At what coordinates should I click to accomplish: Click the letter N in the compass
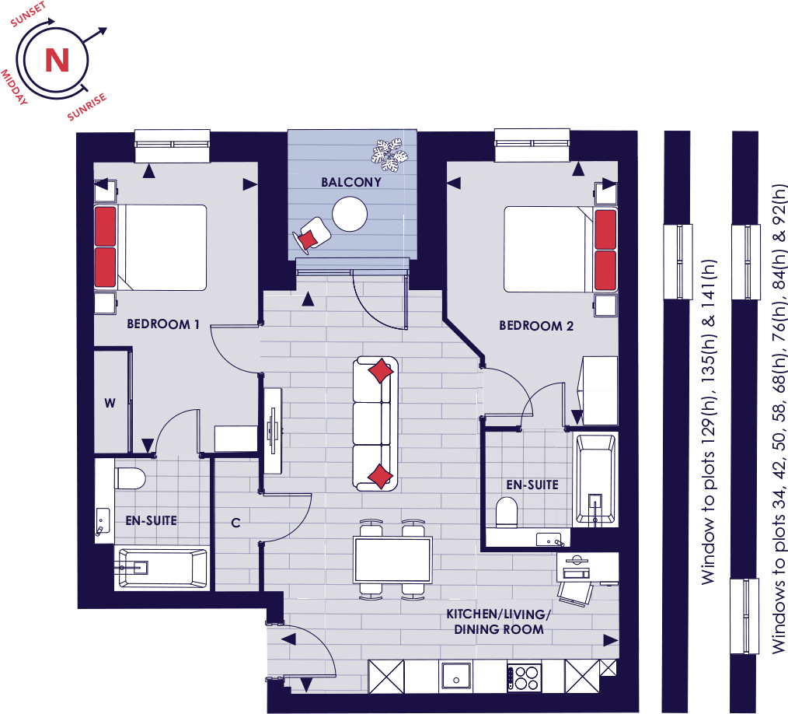coord(56,60)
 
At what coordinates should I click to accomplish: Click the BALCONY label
coord(351,182)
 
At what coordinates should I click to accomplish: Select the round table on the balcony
coord(349,213)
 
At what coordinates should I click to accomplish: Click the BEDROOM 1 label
coord(163,324)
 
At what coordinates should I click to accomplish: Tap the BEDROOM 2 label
coord(535,326)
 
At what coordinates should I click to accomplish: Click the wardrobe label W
coord(110,403)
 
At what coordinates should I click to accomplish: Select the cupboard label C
coord(235,523)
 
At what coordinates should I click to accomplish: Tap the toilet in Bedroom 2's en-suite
coord(506,513)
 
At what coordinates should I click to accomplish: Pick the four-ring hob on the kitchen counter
coord(525,675)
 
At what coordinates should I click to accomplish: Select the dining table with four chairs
coord(392,560)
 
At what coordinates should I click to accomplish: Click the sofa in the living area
coord(376,424)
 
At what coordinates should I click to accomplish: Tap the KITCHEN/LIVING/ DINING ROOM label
coord(499,621)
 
